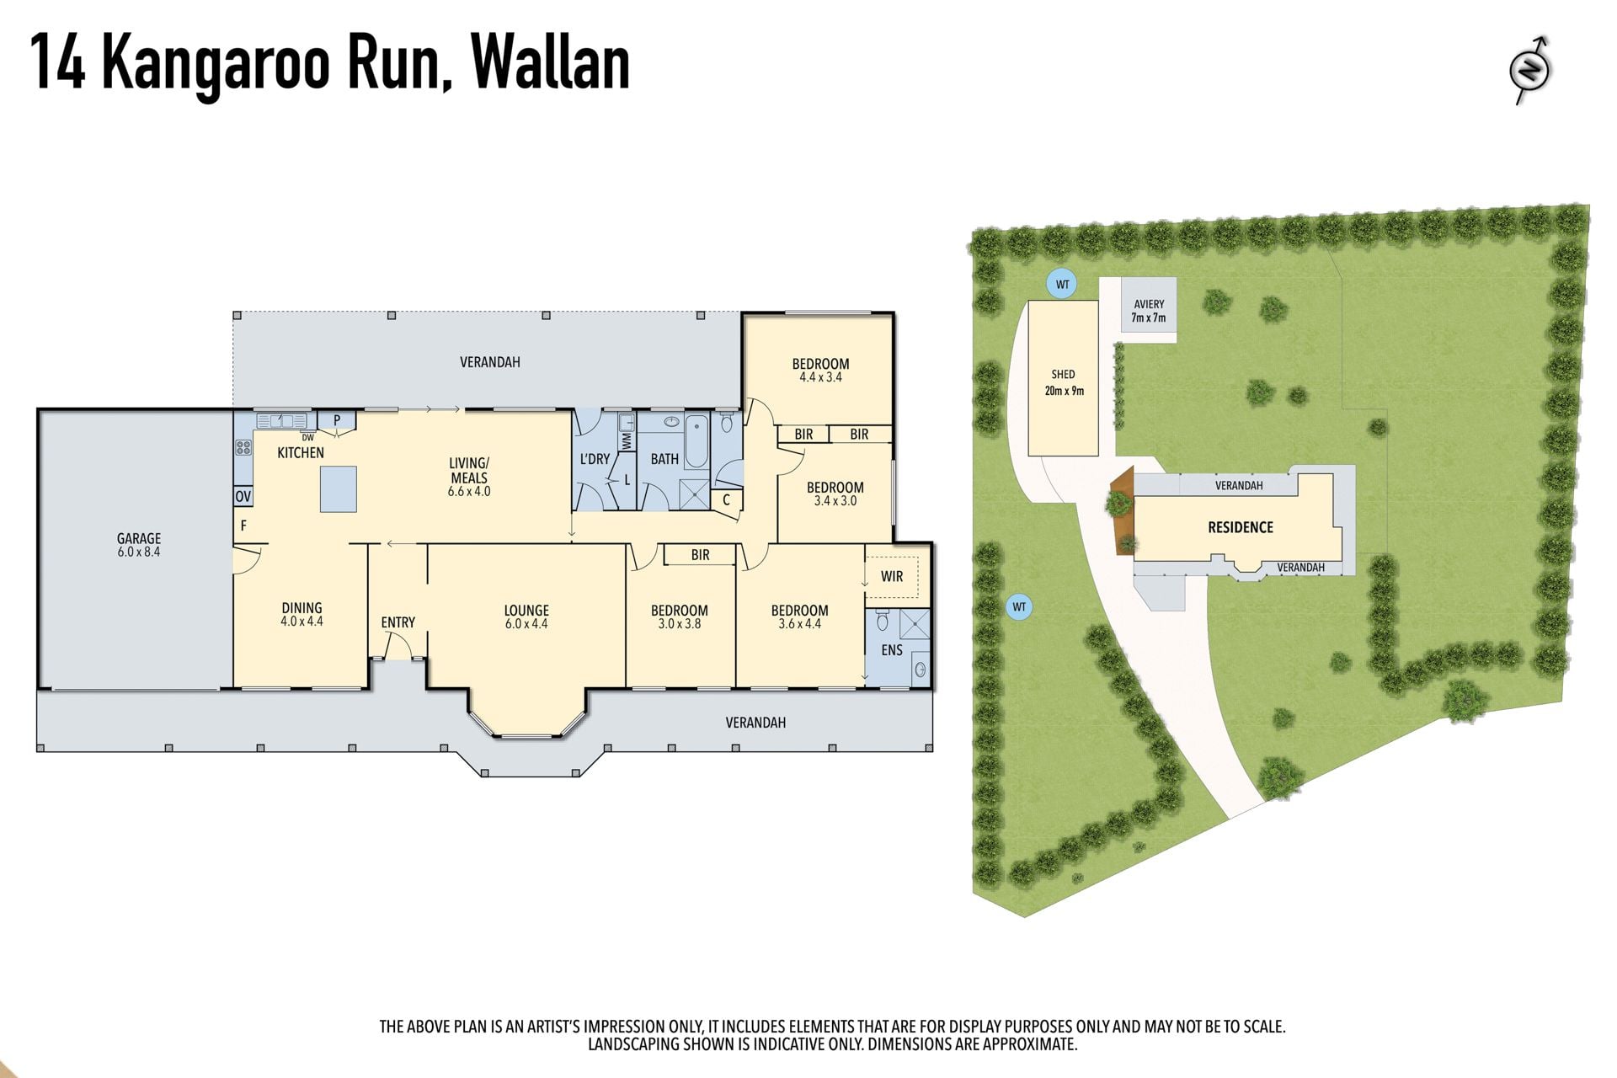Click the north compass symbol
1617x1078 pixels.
click(x=1530, y=70)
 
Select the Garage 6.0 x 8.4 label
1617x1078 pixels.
click(x=139, y=545)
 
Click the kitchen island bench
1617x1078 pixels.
click(x=338, y=489)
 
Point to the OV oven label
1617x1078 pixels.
click(x=243, y=496)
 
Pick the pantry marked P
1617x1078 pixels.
click(x=337, y=419)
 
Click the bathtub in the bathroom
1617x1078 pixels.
click(x=696, y=441)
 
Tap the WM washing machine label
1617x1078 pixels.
click(x=627, y=440)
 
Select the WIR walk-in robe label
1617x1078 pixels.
click(x=892, y=576)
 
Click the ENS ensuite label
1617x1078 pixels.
click(x=892, y=650)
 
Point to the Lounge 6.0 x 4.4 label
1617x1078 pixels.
click(x=526, y=616)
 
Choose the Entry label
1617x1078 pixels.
click(x=398, y=622)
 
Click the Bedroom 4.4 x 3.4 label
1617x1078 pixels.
click(x=820, y=370)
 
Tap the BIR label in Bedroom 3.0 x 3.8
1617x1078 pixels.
click(x=700, y=555)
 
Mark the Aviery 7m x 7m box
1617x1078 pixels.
click(x=1149, y=309)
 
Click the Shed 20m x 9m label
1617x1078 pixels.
click(x=1064, y=382)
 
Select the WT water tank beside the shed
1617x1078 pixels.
click(x=1063, y=284)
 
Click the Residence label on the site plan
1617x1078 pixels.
click(x=1241, y=527)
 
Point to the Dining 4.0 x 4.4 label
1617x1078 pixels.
click(x=302, y=614)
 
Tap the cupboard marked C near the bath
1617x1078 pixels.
click(x=726, y=500)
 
